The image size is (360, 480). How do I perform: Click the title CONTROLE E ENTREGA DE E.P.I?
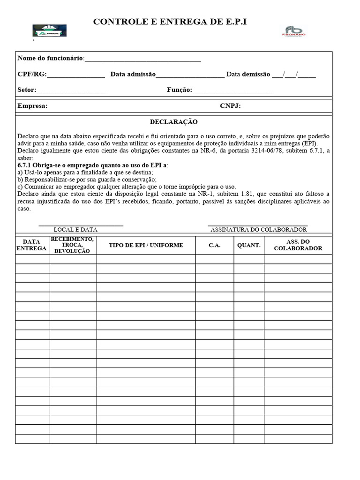pyautogui.click(x=170, y=22)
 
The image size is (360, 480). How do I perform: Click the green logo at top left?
pyautogui.click(x=49, y=30)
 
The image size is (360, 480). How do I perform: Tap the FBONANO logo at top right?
pyautogui.click(x=293, y=31)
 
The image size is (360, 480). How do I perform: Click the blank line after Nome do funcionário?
pyautogui.click(x=142, y=59)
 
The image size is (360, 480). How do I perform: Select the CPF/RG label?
pyautogui.click(x=32, y=74)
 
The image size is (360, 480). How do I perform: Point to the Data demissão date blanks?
pyautogui.click(x=293, y=75)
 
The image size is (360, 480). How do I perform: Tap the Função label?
pyautogui.click(x=179, y=90)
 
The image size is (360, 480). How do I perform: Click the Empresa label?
pyautogui.click(x=32, y=106)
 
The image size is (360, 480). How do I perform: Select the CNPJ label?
pyautogui.click(x=230, y=106)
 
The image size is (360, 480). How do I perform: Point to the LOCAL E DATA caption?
pyautogui.click(x=75, y=230)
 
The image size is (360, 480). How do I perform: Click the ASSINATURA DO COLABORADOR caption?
pyautogui.click(x=258, y=230)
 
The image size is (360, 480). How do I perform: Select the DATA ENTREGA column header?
pyautogui.click(x=32, y=245)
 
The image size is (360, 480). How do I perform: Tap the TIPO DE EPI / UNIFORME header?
pyautogui.click(x=146, y=245)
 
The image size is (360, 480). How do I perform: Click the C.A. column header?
pyautogui.click(x=215, y=246)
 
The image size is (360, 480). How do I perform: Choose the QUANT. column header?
pyautogui.click(x=248, y=245)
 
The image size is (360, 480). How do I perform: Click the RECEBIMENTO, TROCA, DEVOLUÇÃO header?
pyautogui.click(x=73, y=245)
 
